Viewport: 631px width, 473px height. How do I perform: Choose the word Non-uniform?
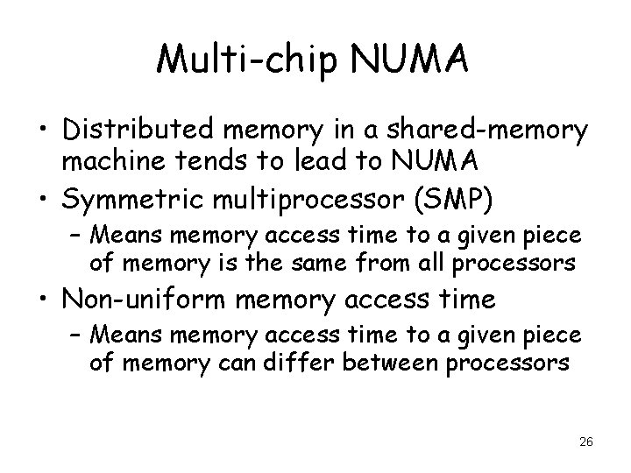point(140,300)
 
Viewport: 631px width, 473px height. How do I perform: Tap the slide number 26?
point(586,442)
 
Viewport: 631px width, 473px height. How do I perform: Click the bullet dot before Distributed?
point(36,132)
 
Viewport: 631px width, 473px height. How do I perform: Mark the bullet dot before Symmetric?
point(36,202)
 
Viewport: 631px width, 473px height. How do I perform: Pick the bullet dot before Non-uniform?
point(36,301)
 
